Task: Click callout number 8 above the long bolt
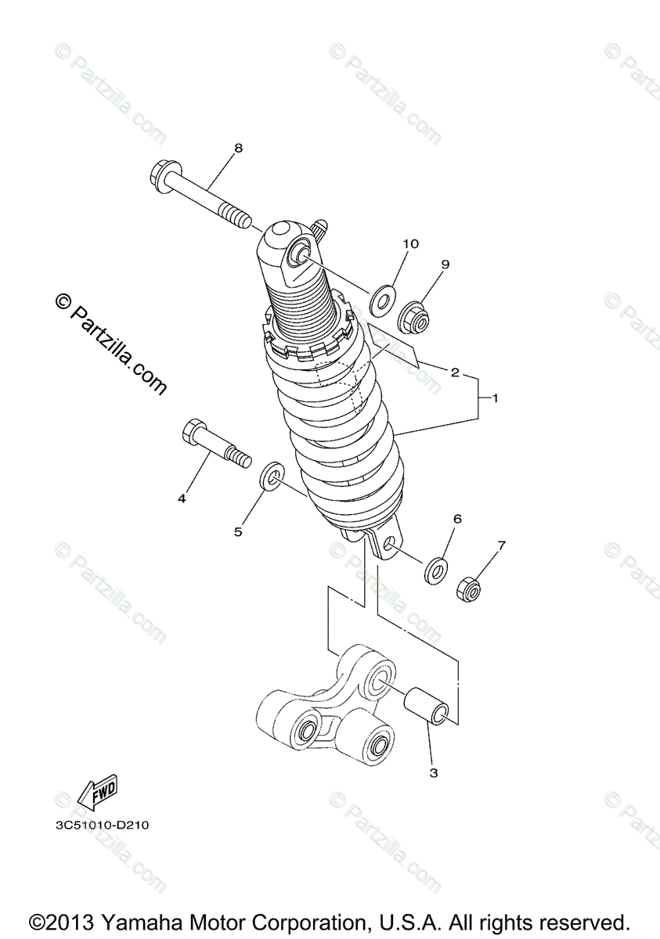pos(216,147)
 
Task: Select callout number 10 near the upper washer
pos(410,244)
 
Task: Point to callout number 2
pos(454,372)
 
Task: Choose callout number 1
pos(495,398)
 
